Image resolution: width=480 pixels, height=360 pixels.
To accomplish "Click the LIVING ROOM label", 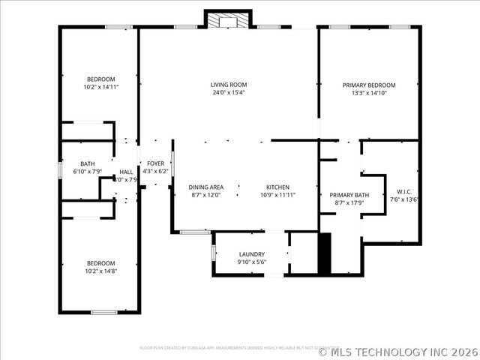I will coord(229,85).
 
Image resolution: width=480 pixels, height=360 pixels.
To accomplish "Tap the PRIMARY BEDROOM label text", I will coord(369,85).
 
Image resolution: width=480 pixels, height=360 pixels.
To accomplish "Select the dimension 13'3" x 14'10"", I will coord(369,93).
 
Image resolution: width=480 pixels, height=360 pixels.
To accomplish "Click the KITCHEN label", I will coord(277,187).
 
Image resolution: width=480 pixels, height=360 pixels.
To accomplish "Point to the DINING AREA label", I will coord(205,187).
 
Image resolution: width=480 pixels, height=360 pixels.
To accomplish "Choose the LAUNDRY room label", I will coord(251,254).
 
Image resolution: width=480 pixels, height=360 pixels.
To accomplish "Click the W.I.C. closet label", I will coord(403,191).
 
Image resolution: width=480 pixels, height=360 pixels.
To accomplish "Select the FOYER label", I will coord(155,163).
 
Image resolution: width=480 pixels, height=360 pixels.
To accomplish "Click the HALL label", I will coord(126,172).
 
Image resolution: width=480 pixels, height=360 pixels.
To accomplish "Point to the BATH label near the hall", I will coord(88,163).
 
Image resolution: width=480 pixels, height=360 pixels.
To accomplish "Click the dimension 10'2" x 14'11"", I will coord(100,87).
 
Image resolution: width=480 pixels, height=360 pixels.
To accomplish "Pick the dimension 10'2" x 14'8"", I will coord(100,271).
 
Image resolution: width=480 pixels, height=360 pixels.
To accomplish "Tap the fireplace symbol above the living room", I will coord(221,20).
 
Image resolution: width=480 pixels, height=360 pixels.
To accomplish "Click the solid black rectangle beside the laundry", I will coord(325,253).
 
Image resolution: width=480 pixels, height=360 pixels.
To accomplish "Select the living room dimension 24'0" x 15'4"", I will coord(229,93).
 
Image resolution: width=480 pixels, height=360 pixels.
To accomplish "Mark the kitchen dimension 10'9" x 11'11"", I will coord(277,195).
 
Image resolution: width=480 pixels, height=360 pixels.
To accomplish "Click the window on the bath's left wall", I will coord(61,169).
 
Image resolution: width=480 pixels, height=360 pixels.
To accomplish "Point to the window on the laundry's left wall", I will coord(214,253).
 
